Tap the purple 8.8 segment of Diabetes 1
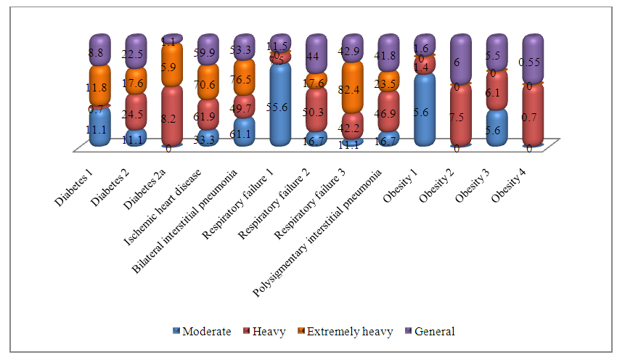click(x=100, y=51)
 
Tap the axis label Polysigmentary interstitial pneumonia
click(x=330, y=226)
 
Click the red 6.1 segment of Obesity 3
click(x=497, y=91)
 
